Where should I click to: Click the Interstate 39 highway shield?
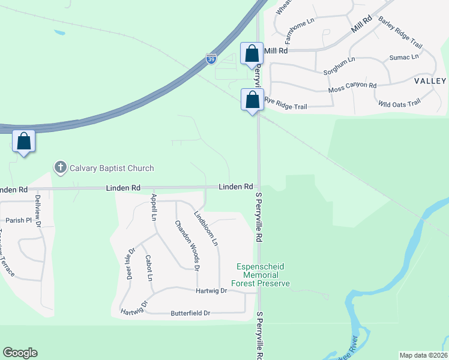tap(211, 58)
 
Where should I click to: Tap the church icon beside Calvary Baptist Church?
tap(59, 168)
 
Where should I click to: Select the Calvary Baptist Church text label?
tap(111, 168)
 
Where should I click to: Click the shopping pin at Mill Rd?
tap(252, 53)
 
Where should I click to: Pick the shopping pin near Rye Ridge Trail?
tap(252, 99)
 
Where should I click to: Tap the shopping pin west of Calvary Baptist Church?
tap(23, 142)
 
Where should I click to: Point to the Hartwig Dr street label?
tap(211, 290)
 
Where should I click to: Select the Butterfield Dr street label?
tap(190, 313)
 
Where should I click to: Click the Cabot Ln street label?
tap(148, 268)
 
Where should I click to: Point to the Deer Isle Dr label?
tap(130, 264)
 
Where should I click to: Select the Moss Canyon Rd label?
tap(352, 88)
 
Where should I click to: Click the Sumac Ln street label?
tap(403, 57)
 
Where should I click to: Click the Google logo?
tap(20, 353)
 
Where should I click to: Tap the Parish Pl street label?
tap(19, 220)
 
